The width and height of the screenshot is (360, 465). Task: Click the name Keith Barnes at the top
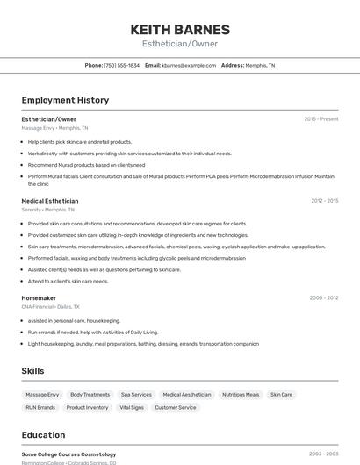tap(180, 29)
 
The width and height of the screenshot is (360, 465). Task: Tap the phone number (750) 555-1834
tap(122, 65)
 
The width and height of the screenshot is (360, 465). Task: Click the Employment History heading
tap(65, 100)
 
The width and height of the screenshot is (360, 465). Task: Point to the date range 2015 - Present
tap(320, 119)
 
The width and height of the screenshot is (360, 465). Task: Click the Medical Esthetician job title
tap(49, 201)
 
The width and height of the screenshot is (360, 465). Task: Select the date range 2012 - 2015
tap(324, 201)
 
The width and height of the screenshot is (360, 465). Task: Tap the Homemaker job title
tap(40, 298)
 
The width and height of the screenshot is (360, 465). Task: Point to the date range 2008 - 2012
tap(324, 298)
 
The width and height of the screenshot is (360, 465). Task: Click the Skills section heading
tap(33, 371)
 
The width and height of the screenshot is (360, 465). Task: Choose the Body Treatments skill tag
tap(90, 395)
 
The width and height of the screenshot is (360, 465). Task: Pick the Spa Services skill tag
tap(136, 395)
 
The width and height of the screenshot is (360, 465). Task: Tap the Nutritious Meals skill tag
tap(241, 395)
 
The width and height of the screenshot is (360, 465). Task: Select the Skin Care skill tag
tap(281, 395)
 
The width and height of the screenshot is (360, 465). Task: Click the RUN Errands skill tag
tap(40, 408)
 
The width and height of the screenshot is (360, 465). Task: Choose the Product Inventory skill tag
tap(87, 408)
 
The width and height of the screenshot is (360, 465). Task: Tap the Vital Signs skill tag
tap(132, 408)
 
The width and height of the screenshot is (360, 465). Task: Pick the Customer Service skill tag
tap(176, 408)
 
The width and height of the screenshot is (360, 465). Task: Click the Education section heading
tap(44, 435)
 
